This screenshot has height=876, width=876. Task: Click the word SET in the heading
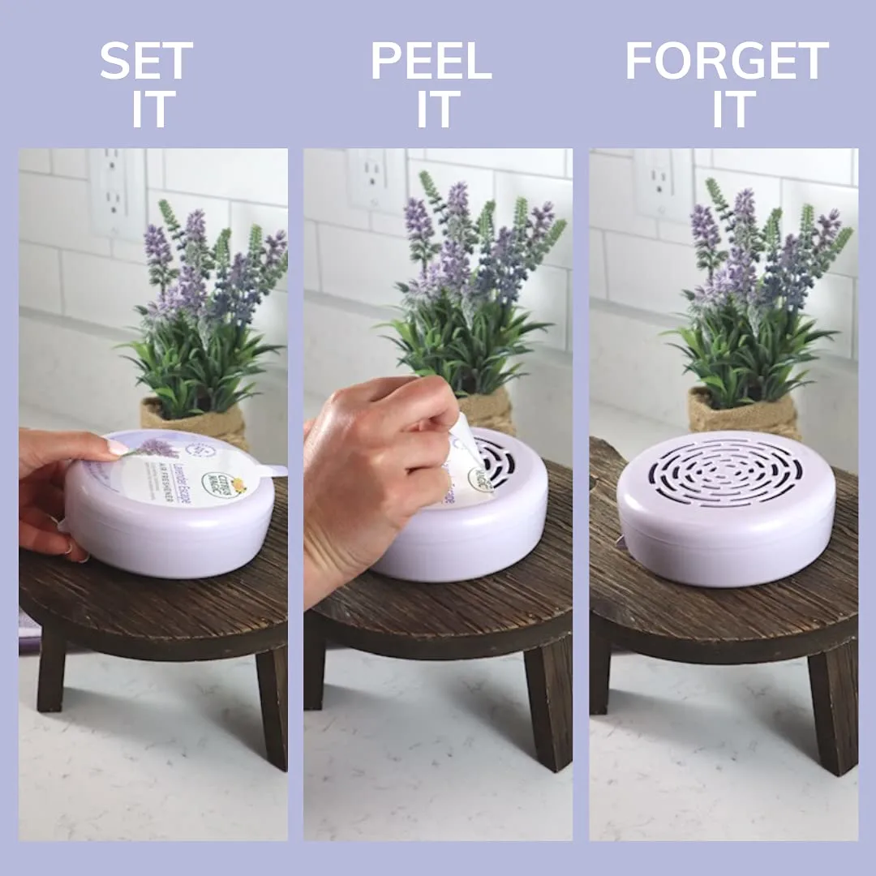point(147,61)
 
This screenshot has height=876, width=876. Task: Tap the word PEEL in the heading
point(432,61)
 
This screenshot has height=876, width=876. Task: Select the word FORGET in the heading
point(727,61)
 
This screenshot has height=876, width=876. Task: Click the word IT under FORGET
point(733,109)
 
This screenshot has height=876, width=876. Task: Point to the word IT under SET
point(153,109)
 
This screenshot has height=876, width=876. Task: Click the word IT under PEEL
point(438,109)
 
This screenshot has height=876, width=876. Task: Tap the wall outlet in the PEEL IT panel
point(376,180)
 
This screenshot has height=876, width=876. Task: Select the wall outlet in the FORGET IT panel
point(661,183)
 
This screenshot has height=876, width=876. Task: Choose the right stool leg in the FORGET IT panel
point(831,706)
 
